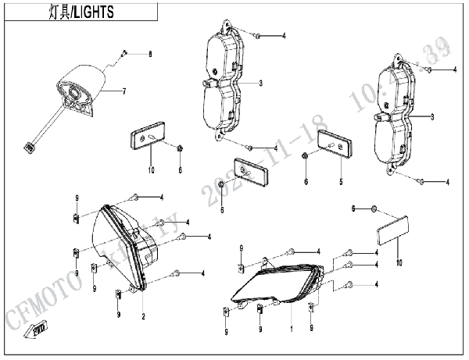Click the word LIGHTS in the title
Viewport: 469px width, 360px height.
click(94, 12)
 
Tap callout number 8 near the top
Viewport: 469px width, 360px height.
click(152, 54)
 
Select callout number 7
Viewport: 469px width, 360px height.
click(124, 91)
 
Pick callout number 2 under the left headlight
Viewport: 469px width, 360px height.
click(143, 316)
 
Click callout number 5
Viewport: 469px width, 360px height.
click(341, 181)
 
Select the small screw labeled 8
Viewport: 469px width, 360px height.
click(124, 54)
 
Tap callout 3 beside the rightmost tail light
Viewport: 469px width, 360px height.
click(432, 117)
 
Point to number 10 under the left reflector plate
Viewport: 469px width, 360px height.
click(152, 169)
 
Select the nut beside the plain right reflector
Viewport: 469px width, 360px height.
click(373, 209)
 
